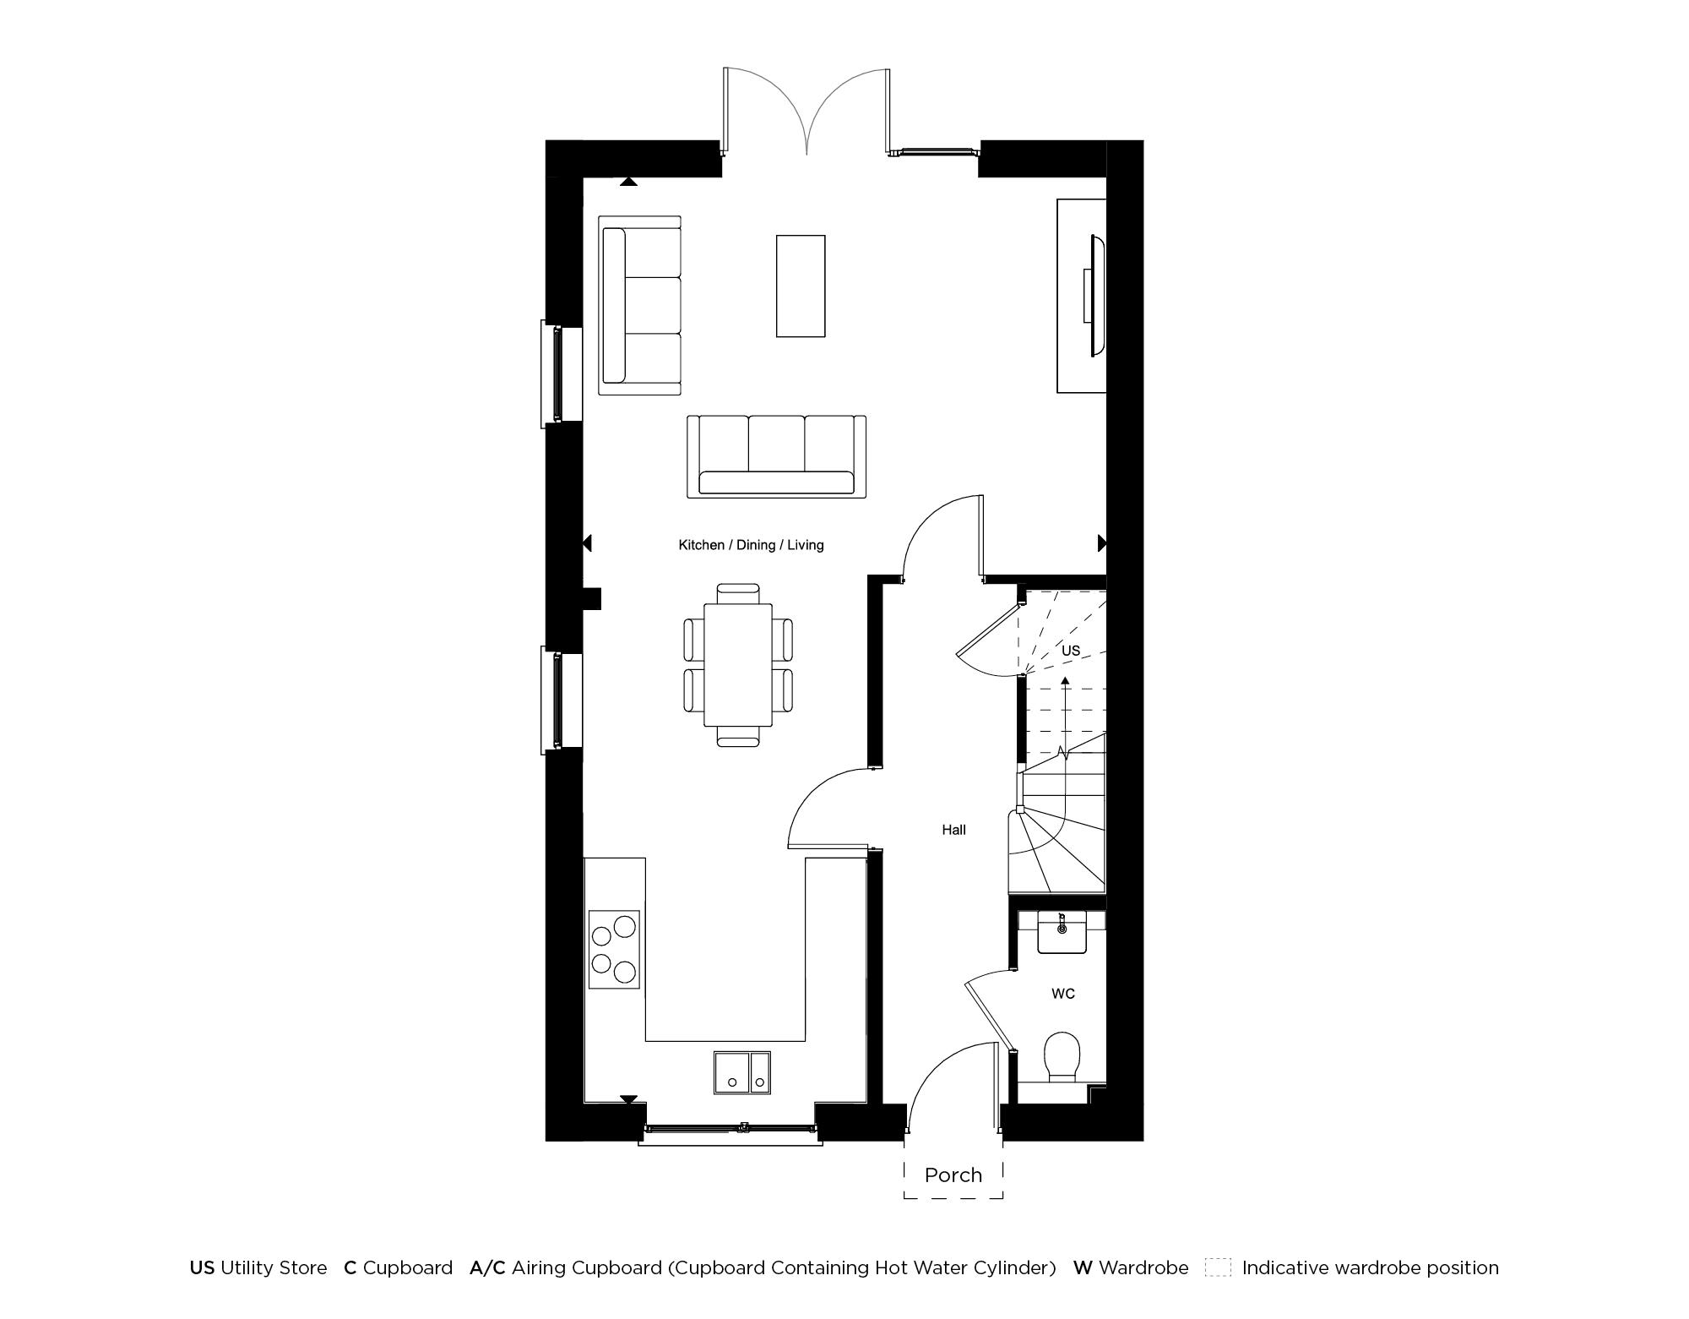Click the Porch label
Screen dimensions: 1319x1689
click(x=953, y=1175)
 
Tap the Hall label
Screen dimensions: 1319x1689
click(x=953, y=830)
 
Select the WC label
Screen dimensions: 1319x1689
click(x=1062, y=994)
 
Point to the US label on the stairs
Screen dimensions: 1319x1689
click(x=1070, y=651)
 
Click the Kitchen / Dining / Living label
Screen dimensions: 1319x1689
click(x=751, y=545)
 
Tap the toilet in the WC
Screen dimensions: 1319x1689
click(x=1062, y=1056)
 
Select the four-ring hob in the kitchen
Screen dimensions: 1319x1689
click(x=614, y=950)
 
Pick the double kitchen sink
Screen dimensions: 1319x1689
click(x=742, y=1072)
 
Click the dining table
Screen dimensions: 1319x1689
click(x=738, y=664)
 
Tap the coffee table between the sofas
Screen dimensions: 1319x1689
click(x=801, y=286)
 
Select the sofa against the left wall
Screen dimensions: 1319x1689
click(x=639, y=305)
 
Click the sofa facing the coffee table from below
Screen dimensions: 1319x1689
click(x=776, y=457)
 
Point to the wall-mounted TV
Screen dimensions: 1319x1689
click(x=1095, y=296)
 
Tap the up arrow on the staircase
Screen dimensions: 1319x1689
click(x=1065, y=681)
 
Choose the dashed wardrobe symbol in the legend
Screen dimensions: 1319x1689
click(x=1218, y=1267)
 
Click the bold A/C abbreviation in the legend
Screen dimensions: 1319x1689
click(x=487, y=1267)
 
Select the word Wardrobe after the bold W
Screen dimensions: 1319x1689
click(x=1143, y=1267)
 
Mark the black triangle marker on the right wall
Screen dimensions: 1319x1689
click(x=1101, y=543)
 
